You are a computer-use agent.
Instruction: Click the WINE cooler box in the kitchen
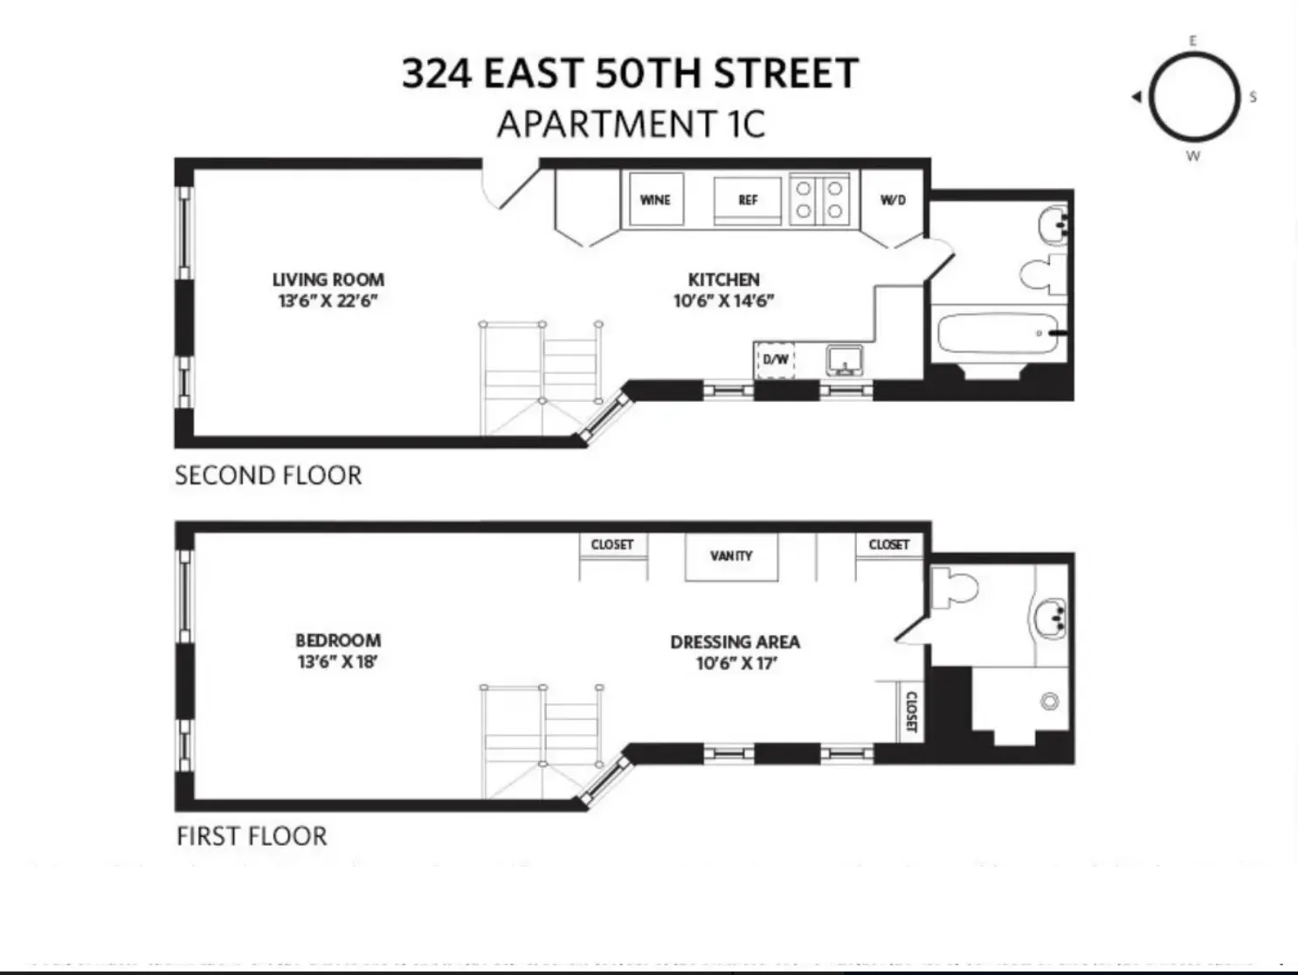[655, 200]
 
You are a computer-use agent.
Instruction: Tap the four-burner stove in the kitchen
[819, 200]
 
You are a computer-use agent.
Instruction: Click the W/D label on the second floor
[893, 200]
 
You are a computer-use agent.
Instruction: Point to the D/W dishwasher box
[775, 360]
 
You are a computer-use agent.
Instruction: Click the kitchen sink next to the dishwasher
[845, 359]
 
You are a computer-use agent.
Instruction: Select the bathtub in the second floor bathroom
[996, 334]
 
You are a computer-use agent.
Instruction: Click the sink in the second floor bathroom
[1053, 226]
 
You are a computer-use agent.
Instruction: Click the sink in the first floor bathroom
[1051, 619]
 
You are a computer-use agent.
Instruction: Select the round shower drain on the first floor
[1051, 701]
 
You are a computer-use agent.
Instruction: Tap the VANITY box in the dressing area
[731, 557]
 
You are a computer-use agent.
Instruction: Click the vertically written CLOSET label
[910, 712]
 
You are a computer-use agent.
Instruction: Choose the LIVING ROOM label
[328, 280]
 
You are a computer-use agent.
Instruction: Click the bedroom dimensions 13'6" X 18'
[337, 662]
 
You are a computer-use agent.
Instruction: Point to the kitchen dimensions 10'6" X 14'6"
[723, 301]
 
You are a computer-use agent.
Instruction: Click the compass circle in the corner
[1193, 96]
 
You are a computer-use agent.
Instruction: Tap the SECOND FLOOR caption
[268, 475]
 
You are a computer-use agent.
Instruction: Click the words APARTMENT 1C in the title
[631, 123]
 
